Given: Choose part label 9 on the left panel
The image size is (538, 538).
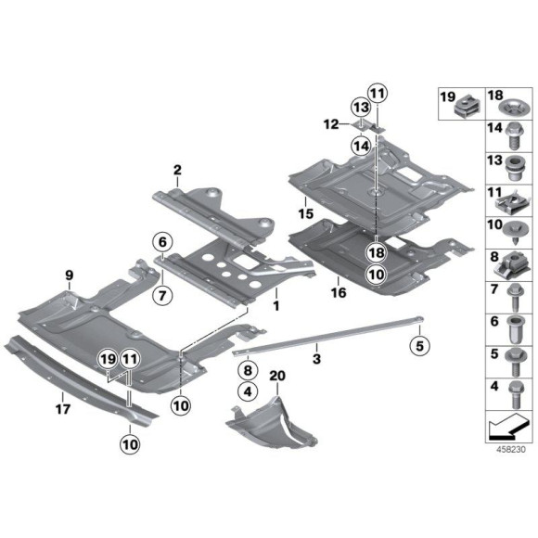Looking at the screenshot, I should (70, 274).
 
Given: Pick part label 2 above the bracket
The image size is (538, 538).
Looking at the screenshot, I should (175, 170).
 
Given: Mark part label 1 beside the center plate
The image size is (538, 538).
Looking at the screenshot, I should (275, 303).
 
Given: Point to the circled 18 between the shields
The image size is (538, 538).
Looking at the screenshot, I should (375, 252).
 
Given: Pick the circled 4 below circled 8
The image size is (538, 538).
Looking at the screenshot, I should (247, 391).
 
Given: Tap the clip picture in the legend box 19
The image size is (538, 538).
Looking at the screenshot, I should (462, 109).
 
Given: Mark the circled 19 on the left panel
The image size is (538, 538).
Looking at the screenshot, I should (107, 357).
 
